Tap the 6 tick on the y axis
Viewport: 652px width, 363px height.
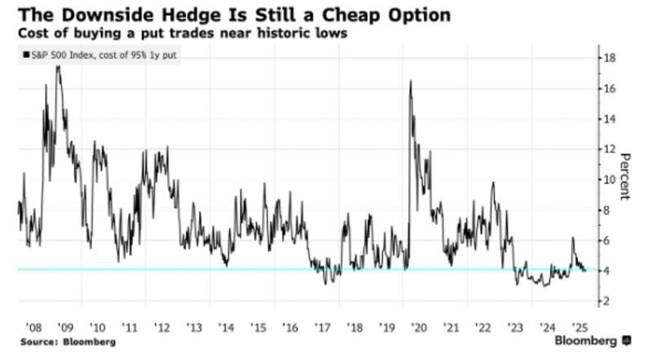[608, 241]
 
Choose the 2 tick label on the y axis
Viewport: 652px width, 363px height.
[608, 302]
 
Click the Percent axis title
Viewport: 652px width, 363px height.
[626, 175]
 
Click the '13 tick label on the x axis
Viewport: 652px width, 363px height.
[194, 325]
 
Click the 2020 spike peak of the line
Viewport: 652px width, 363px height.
[409, 81]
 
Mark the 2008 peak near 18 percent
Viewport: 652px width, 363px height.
[57, 66]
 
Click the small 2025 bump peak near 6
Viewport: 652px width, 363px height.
[573, 238]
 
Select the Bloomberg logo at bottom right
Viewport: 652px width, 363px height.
[593, 339]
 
